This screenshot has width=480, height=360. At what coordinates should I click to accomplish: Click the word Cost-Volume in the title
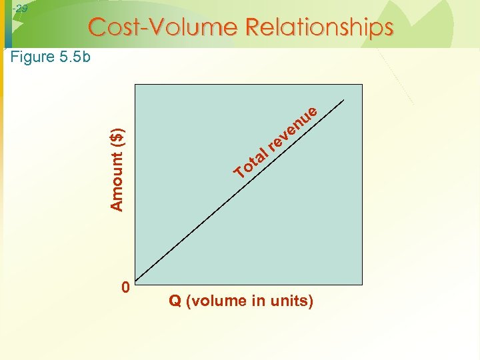(163, 27)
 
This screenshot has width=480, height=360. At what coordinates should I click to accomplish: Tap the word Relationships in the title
(319, 27)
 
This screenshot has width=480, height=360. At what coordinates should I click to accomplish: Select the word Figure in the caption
(33, 57)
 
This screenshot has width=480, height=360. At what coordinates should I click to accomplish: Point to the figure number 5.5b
(75, 57)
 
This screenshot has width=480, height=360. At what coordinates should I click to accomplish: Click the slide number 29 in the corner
(21, 9)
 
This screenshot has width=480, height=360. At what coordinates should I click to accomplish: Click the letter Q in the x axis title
(175, 301)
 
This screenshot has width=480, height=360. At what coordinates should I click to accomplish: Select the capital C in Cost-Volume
(97, 27)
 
